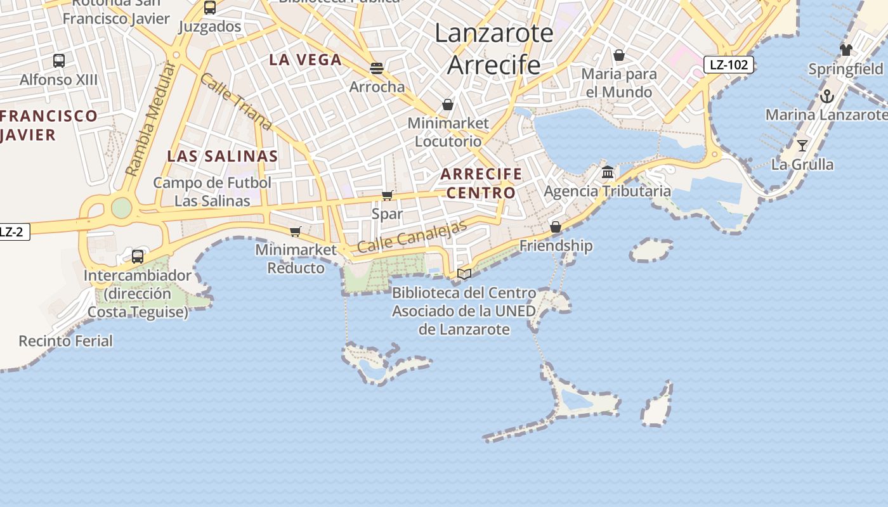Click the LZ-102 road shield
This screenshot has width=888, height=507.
728,65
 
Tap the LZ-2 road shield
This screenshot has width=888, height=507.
11,232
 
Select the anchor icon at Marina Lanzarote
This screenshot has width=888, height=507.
826,96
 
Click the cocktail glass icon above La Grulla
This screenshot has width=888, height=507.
802,146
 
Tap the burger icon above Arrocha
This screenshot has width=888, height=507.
377,68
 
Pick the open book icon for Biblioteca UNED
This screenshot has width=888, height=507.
464,274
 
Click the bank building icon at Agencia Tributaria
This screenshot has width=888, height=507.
608,172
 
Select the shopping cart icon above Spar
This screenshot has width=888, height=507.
388,195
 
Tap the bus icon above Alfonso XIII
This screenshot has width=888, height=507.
59,61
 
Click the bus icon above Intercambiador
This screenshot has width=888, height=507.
138,257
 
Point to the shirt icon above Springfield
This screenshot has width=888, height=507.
846,49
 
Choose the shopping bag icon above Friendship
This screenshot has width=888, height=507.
556,227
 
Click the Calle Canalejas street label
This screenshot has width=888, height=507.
412,236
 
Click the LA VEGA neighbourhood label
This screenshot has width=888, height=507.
305,60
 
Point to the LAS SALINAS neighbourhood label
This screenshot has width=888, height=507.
222,156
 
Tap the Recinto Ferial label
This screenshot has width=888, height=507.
65,341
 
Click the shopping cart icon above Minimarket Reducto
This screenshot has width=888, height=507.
295,231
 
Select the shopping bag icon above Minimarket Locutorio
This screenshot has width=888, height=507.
448,104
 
